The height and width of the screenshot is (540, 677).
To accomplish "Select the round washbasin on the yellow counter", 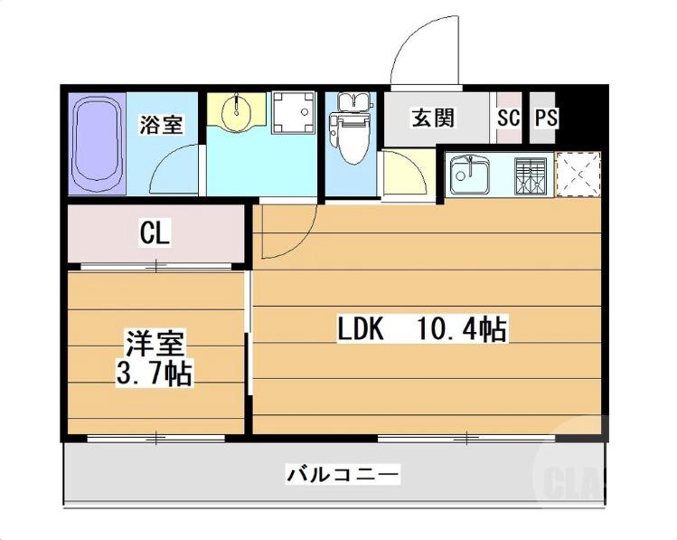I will [237, 111].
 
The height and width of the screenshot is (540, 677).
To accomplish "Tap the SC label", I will [509, 118].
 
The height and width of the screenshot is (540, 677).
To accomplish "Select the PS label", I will [546, 118].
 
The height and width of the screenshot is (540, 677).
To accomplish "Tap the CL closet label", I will [154, 233].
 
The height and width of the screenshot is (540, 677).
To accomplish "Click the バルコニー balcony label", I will [343, 473].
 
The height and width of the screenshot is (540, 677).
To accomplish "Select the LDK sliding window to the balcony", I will [465, 439].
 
